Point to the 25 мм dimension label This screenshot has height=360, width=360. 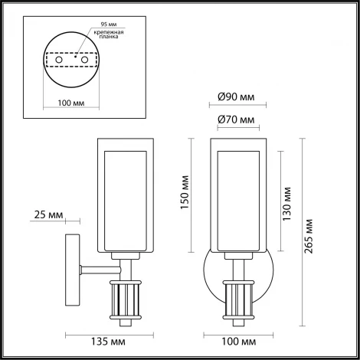(x=47, y=215)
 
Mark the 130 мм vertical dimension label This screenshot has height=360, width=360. (x=288, y=201)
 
